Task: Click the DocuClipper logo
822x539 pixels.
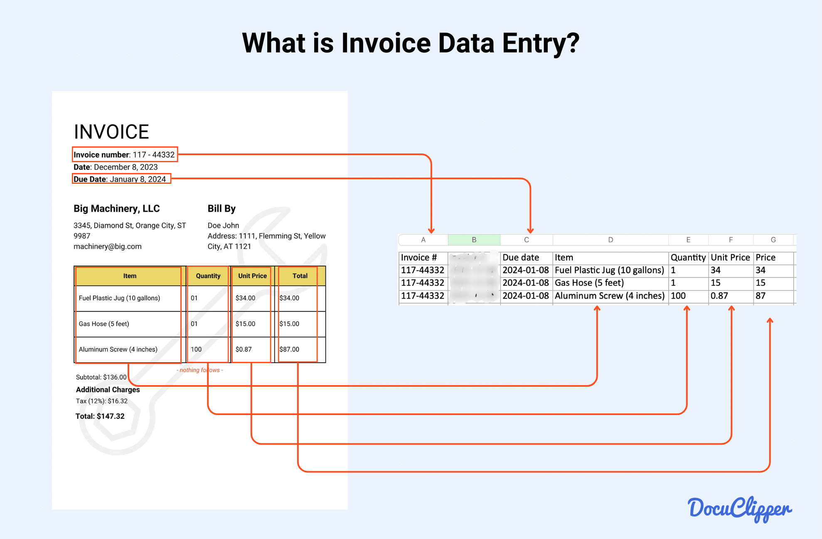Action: (739, 508)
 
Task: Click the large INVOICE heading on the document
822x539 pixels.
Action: (111, 132)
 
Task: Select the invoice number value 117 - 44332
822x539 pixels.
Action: (153, 155)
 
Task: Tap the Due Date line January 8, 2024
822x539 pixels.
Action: (120, 179)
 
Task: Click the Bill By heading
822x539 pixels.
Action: (221, 208)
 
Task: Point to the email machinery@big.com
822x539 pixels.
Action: (107, 246)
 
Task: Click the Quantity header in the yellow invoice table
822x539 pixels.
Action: (208, 276)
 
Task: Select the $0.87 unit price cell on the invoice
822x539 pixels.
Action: (244, 349)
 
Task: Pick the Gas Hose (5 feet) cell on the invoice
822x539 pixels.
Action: (104, 324)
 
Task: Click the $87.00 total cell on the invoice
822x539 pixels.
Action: (289, 349)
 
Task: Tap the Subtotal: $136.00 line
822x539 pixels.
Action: (101, 377)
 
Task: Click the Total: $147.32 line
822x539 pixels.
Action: (100, 416)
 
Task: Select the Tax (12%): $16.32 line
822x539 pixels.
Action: (101, 401)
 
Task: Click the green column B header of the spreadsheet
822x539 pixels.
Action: (474, 240)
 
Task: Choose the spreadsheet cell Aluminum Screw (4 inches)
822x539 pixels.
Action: (609, 296)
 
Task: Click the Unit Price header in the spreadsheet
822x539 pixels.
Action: (730, 257)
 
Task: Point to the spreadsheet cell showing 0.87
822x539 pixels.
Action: (719, 296)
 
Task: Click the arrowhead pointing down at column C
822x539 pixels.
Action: (530, 230)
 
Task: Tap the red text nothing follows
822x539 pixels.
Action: (200, 370)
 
